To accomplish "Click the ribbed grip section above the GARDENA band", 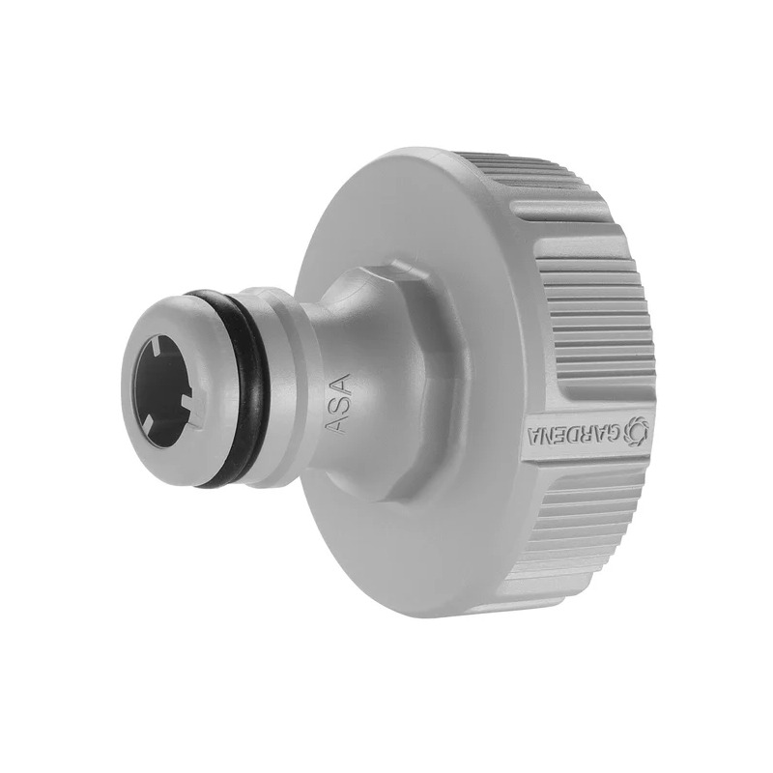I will [x=589, y=290].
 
